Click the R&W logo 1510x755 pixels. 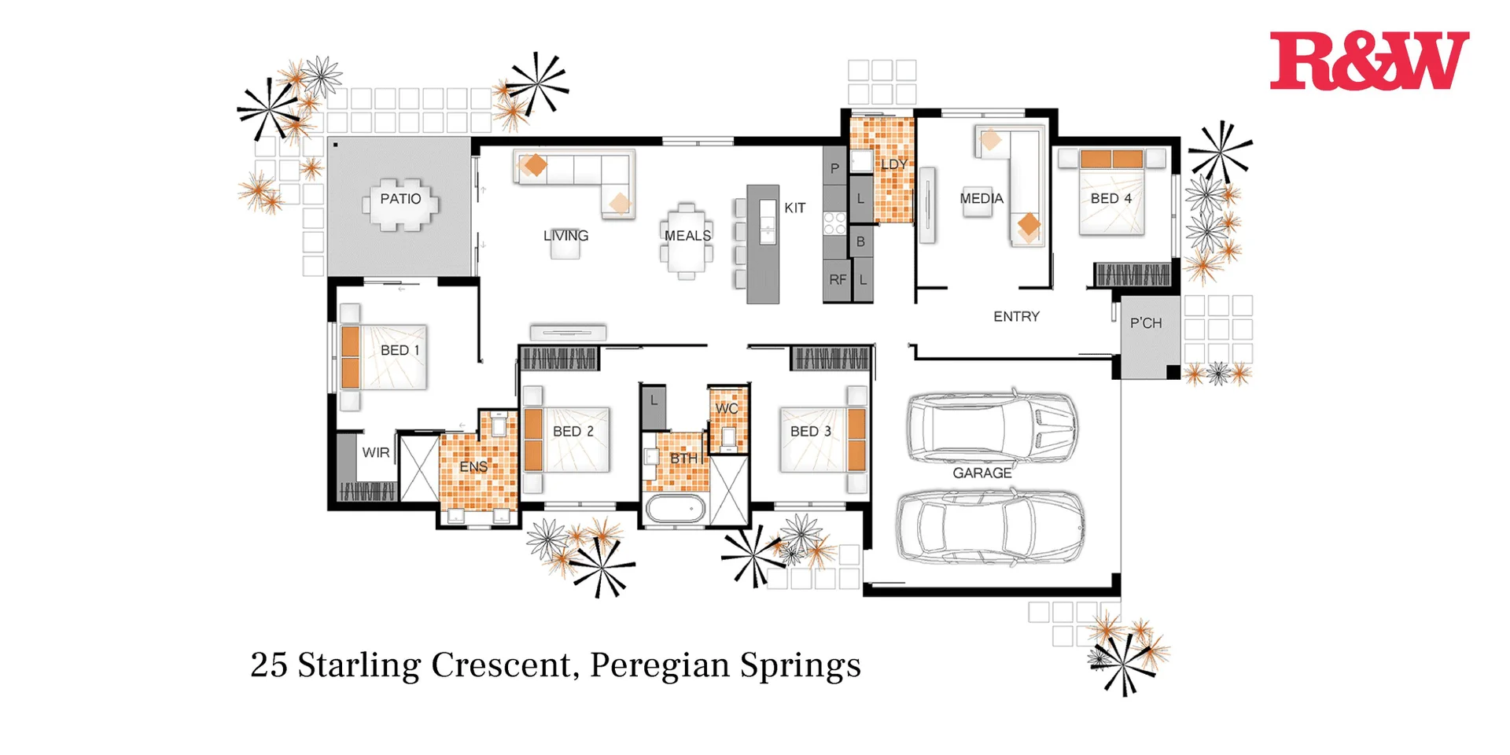click(x=1368, y=61)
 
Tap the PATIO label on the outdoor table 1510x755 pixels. click(x=400, y=199)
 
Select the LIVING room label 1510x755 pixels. click(x=565, y=235)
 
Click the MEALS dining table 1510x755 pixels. click(x=687, y=240)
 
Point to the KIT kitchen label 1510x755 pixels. click(x=794, y=208)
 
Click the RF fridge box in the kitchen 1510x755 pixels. click(x=837, y=279)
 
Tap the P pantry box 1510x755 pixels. click(x=834, y=168)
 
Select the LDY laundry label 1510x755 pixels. click(x=893, y=164)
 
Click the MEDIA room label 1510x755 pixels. click(x=981, y=198)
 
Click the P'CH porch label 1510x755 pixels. click(x=1145, y=323)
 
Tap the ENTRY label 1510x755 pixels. click(x=1015, y=316)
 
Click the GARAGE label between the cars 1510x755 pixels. click(x=981, y=473)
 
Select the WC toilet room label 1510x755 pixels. click(x=726, y=408)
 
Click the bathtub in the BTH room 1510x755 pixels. click(x=676, y=509)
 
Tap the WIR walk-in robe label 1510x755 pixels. click(x=375, y=453)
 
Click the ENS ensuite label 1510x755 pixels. click(x=473, y=466)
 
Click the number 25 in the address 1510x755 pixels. click(x=269, y=665)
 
